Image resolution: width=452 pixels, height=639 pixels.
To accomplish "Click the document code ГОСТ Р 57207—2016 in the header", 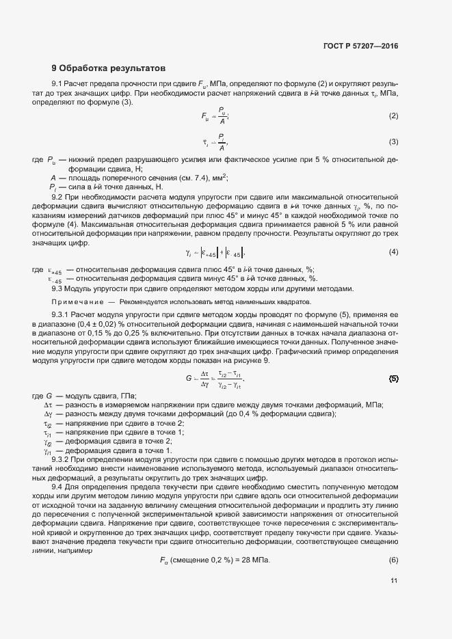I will (360, 46).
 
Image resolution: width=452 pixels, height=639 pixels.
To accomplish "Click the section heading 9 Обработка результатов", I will (108, 68).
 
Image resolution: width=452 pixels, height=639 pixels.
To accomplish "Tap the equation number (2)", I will (393, 116).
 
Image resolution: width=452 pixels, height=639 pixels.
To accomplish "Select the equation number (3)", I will (393, 142).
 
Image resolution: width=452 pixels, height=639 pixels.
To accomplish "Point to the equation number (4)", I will (393, 253).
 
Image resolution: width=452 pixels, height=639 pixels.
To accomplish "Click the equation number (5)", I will (393, 378).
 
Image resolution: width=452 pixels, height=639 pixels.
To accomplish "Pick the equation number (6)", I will (393, 560).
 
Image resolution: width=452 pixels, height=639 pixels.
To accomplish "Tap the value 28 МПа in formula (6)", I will (256, 560).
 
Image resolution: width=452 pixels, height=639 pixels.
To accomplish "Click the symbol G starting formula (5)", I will (189, 378).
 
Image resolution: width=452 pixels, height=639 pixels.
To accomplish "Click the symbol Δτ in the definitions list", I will (49, 405).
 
